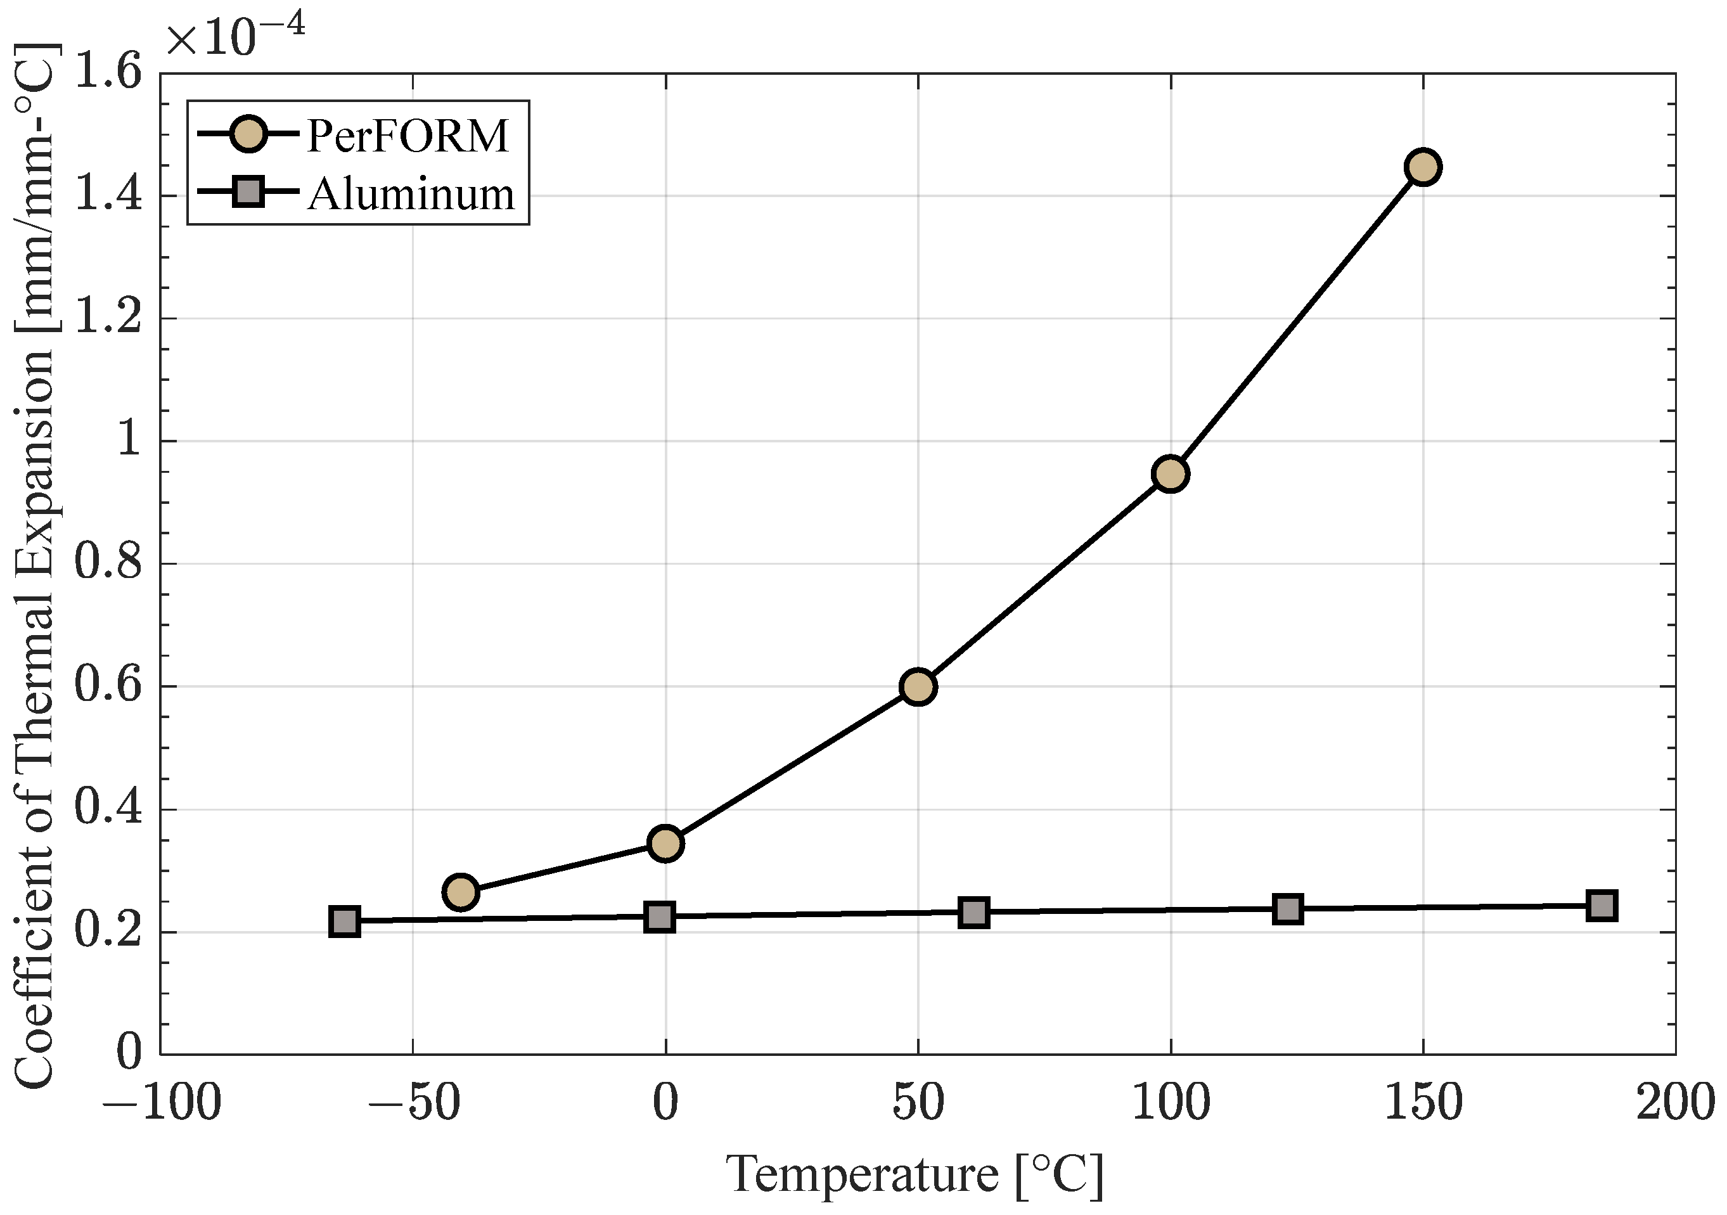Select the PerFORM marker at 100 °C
pos(1171,473)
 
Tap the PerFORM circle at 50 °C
pos(918,686)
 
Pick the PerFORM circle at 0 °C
pos(665,844)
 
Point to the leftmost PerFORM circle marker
pos(461,892)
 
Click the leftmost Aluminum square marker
pos(345,921)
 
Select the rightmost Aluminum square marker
pos(1602,905)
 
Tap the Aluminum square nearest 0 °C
pos(660,917)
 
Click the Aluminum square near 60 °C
pos(974,913)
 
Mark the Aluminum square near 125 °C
pos(1288,909)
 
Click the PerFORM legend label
pos(408,136)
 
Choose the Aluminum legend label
pos(411,194)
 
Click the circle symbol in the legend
pos(247,134)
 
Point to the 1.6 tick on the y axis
pos(108,74)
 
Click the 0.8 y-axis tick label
pos(108,563)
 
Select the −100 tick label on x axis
pos(161,1103)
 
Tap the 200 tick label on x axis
pos(1675,1103)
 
